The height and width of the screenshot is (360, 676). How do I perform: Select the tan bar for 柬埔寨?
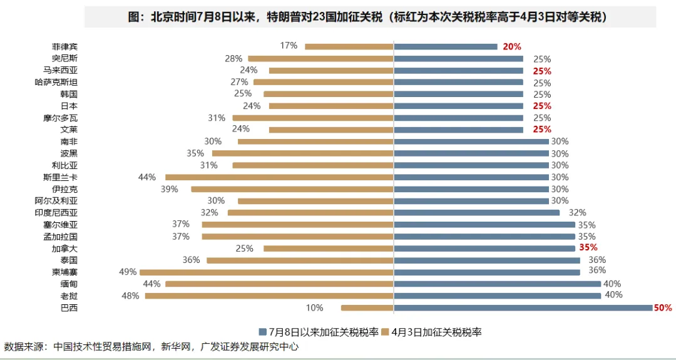pyautogui.click(x=267, y=272)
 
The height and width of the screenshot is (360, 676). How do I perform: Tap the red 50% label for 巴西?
pyautogui.click(x=663, y=307)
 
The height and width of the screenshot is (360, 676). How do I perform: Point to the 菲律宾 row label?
pyautogui.click(x=64, y=46)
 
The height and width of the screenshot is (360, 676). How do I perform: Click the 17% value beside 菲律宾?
pyautogui.click(x=289, y=46)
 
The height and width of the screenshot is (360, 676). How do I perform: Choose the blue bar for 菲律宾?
pyautogui.click(x=445, y=46)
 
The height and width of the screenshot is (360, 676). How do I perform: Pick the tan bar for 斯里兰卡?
pyautogui.click(x=279, y=177)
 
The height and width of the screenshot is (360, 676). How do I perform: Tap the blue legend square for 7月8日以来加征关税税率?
pyautogui.click(x=261, y=332)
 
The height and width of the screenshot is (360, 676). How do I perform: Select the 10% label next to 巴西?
pyautogui.click(x=314, y=307)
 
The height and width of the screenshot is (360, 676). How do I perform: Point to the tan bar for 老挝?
pyautogui.click(x=269, y=296)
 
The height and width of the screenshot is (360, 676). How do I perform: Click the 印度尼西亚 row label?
pyautogui.click(x=56, y=213)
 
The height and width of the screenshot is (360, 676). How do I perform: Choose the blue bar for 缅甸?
pyautogui.click(x=497, y=284)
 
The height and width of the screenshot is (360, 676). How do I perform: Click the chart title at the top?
pyautogui.click(x=370, y=18)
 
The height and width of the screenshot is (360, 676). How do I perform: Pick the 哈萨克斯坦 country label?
pyautogui.click(x=56, y=82)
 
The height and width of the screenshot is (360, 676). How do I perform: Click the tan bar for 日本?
pyautogui.click(x=331, y=106)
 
